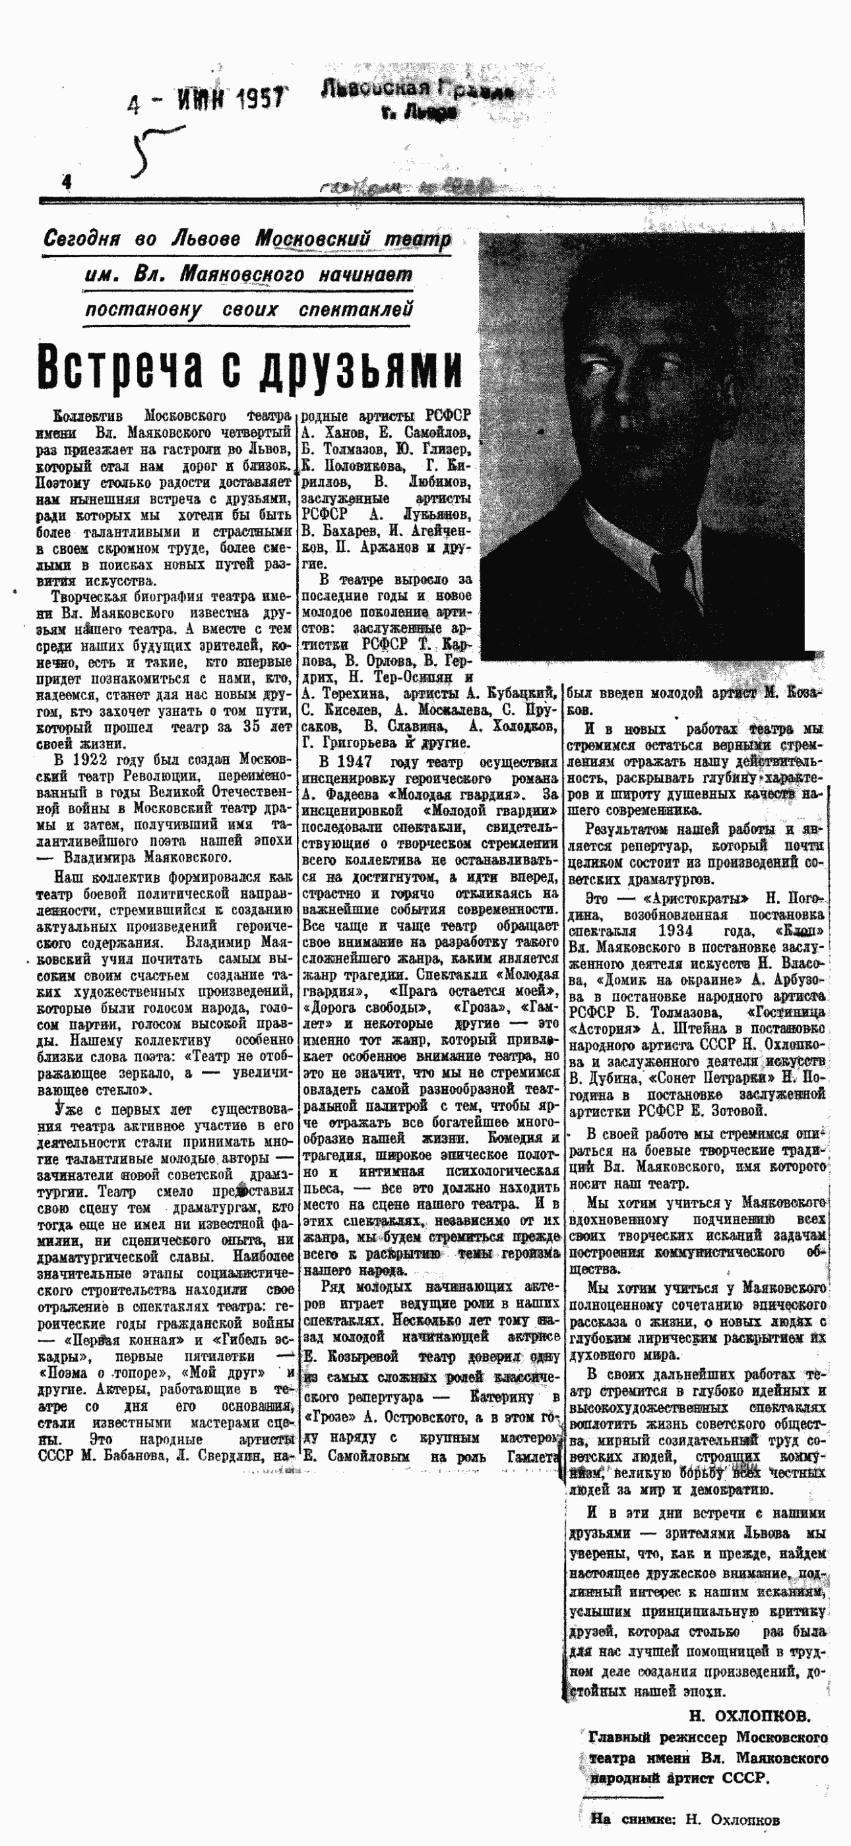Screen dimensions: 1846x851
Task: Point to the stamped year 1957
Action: tap(257, 98)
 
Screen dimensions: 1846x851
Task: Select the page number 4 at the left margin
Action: tap(67, 183)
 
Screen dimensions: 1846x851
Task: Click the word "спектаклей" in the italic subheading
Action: tap(356, 310)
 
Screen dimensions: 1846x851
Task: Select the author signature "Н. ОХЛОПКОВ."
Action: tap(749, 1715)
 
